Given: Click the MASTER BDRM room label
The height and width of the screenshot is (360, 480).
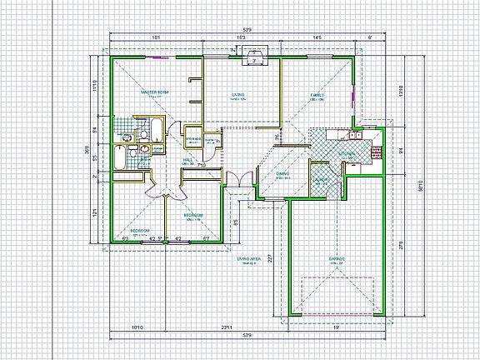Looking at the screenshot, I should click(x=155, y=92).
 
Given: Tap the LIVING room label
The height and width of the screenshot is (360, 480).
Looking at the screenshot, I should click(x=240, y=96).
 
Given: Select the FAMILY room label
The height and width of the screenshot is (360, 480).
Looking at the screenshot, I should click(x=317, y=96).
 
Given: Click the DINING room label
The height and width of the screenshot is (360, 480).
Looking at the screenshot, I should click(x=282, y=173).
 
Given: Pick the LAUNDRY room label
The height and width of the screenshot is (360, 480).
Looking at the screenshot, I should click(x=319, y=179).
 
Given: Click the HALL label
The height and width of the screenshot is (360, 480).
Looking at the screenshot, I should click(x=187, y=158).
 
